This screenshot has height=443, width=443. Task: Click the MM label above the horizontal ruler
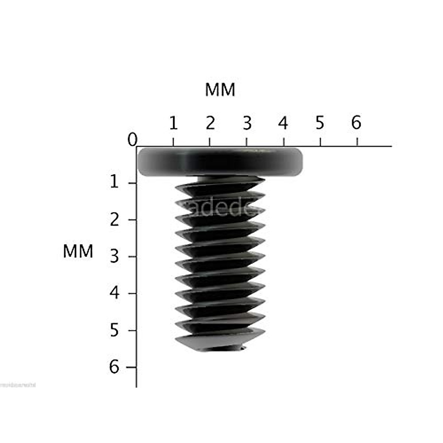220,90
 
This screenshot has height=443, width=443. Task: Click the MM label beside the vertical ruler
78,252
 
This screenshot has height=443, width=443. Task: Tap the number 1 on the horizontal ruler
174,124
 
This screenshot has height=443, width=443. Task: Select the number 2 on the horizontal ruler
210,123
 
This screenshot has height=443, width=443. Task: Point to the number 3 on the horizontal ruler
247,123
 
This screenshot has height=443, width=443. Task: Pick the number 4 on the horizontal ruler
283,123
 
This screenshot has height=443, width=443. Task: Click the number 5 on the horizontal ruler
320,123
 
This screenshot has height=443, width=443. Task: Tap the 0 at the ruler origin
132,140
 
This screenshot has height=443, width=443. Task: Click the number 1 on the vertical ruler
114,182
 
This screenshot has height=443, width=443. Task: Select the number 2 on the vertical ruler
114,220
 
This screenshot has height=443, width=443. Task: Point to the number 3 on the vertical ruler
114,257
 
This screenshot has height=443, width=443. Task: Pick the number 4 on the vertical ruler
114,293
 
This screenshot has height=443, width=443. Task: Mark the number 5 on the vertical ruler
114,330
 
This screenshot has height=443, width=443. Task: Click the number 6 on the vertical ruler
114,367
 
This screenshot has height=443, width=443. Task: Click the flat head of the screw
220,161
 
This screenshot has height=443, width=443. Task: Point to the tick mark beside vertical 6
131,367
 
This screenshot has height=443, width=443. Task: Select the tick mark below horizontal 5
320,142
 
